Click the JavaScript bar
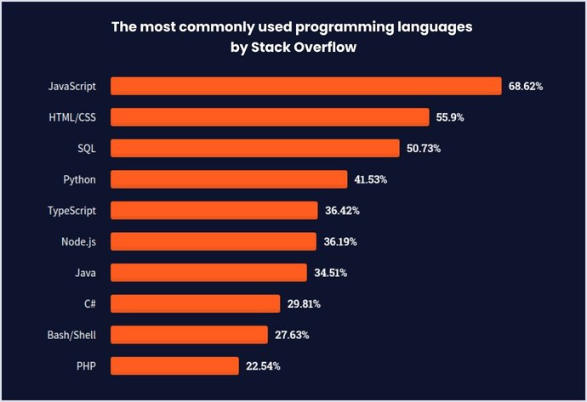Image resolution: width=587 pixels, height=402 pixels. [306, 86]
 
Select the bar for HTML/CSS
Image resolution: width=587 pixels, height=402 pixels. [270, 117]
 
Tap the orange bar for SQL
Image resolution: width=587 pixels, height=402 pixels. [255, 148]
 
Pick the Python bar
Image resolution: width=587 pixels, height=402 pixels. [229, 179]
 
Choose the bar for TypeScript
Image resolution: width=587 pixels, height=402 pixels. [214, 210]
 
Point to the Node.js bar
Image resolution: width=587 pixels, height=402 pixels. [213, 241]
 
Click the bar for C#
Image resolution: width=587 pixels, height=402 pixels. [195, 303]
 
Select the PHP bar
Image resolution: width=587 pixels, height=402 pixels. [174, 365]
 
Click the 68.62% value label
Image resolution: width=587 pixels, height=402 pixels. [526, 87]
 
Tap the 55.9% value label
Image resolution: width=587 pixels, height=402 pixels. [450, 117]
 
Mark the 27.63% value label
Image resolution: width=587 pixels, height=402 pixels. [292, 335]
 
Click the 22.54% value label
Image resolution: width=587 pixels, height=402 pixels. [263, 366]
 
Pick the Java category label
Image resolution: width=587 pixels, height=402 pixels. [85, 273]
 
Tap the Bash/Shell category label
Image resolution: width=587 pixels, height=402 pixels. [72, 335]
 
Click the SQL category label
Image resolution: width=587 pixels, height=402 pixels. [87, 148]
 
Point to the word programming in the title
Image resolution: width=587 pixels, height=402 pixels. [345, 27]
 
